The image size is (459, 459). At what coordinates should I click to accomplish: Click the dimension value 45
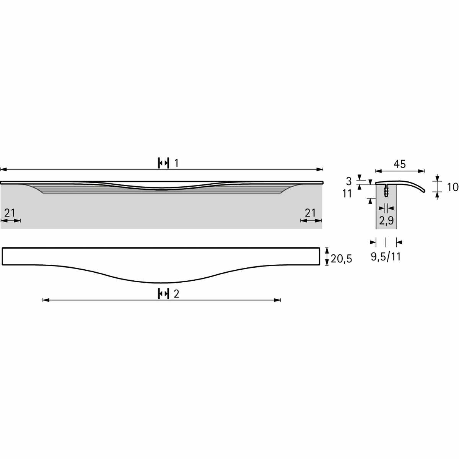399,164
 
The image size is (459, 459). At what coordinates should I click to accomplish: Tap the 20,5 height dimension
341,259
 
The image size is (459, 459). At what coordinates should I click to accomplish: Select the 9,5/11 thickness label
386,257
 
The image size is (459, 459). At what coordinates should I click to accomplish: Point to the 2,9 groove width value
386,221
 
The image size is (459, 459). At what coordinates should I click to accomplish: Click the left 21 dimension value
10,213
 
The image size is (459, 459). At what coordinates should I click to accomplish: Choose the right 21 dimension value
310,213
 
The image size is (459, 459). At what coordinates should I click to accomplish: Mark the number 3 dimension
349,182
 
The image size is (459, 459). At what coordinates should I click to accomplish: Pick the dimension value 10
452,187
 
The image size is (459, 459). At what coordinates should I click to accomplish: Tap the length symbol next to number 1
163,163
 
